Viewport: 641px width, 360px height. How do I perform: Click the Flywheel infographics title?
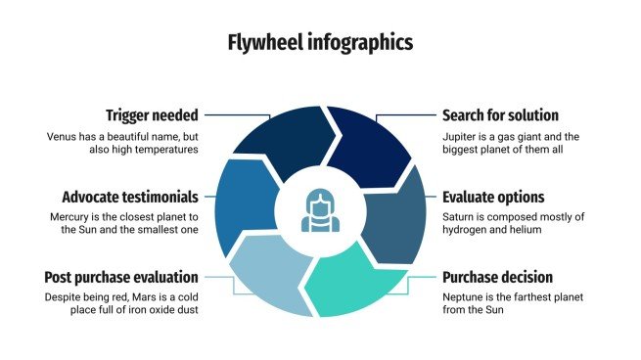[x=320, y=42]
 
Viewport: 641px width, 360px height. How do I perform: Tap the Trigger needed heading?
[x=152, y=114]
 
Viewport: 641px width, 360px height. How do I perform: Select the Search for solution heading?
[x=500, y=114]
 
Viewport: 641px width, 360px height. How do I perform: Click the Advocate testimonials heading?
[x=130, y=196]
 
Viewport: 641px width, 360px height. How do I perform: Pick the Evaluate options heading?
[x=492, y=196]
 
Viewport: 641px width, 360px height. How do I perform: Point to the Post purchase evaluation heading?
[x=121, y=277]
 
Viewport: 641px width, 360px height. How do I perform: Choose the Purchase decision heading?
[x=497, y=277]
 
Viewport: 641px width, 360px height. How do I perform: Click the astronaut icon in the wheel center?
[x=320, y=209]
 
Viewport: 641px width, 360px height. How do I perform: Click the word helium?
[x=521, y=229]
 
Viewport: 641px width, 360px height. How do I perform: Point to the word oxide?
[x=147, y=310]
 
